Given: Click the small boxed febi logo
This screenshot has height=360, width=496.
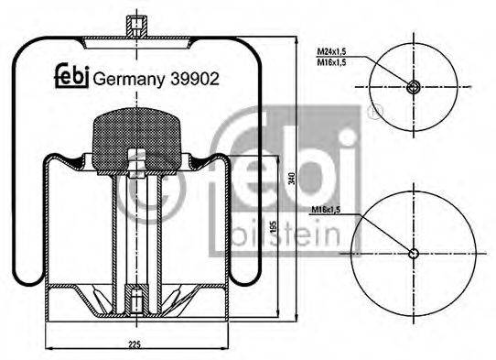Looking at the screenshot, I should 70,78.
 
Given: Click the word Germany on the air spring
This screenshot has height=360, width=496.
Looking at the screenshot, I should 128,79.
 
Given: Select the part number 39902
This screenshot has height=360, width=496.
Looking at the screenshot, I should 195,79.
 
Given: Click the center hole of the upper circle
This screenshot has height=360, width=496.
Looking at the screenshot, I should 414,88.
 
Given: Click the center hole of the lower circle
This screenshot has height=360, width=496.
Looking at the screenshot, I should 414,254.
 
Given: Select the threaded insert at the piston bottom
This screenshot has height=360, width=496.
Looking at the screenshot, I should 135,299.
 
